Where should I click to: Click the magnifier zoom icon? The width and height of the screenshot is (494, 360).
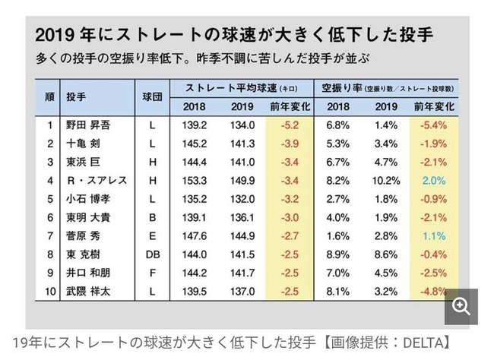click(461, 306)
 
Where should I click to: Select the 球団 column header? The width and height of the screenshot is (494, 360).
click(152, 98)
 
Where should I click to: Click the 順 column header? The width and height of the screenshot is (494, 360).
click(49, 98)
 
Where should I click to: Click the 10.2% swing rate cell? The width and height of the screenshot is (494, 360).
click(386, 181)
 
